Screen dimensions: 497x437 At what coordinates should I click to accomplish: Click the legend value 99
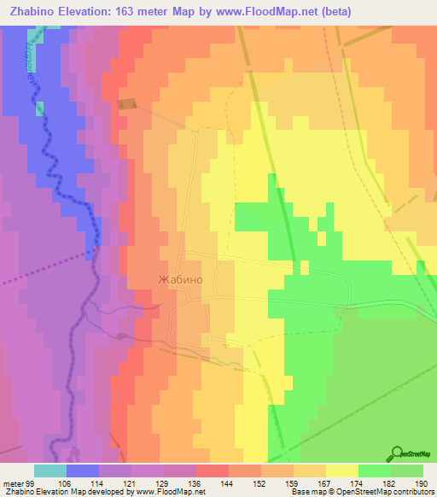(33, 484)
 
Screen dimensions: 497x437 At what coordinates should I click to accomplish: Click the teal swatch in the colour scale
(50, 471)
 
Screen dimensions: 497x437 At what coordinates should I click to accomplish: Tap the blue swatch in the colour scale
(82, 471)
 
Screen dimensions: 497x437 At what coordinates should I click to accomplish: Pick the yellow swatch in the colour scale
(341, 471)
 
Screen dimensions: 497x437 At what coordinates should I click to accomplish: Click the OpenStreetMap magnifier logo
(397, 453)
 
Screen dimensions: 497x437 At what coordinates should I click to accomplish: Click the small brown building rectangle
(127, 104)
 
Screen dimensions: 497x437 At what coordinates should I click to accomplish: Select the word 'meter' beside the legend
(12, 484)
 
